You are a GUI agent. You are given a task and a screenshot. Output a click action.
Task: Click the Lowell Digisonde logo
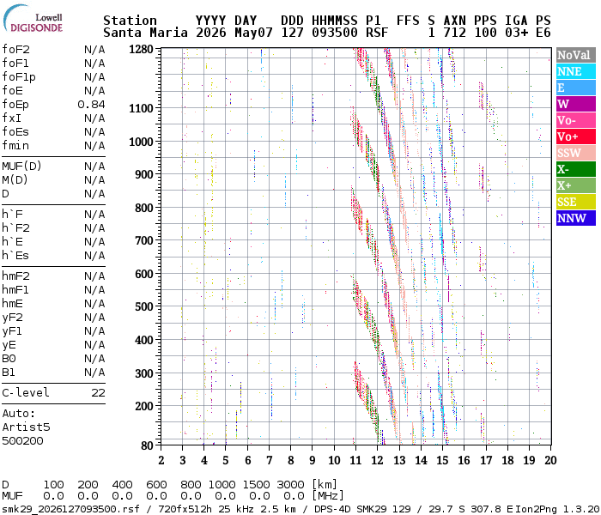(x=33, y=19)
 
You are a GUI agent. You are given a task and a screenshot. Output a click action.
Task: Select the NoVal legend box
(x=576, y=55)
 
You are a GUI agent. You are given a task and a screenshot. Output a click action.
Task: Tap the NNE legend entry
(x=576, y=71)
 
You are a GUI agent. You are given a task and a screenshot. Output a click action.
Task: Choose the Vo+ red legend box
(x=576, y=136)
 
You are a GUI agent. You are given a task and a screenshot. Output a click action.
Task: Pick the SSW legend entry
(x=576, y=153)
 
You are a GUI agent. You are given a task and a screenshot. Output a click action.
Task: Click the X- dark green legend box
(x=576, y=169)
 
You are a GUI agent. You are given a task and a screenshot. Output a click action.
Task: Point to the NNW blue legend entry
(x=576, y=218)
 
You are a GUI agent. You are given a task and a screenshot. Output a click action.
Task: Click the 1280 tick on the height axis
(x=141, y=50)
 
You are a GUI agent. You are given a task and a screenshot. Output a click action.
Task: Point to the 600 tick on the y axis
(x=144, y=274)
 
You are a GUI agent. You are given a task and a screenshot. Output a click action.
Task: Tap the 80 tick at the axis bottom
(x=147, y=445)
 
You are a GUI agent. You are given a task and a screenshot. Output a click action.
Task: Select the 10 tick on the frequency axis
(x=334, y=460)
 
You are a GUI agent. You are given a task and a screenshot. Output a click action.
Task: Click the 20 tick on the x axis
(x=551, y=460)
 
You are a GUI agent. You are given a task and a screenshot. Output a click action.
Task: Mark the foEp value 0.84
(x=91, y=105)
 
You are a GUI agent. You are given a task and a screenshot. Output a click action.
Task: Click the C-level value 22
(x=99, y=393)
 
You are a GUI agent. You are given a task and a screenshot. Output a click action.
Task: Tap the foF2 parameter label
(x=15, y=50)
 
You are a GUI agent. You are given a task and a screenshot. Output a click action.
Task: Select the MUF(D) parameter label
(x=21, y=167)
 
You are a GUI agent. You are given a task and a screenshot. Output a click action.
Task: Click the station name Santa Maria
(x=145, y=33)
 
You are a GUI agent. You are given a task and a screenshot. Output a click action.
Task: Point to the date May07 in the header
(x=253, y=33)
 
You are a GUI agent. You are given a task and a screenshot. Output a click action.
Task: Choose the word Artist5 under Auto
(x=26, y=427)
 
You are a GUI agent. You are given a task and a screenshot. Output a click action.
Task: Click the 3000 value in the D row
(x=290, y=485)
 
